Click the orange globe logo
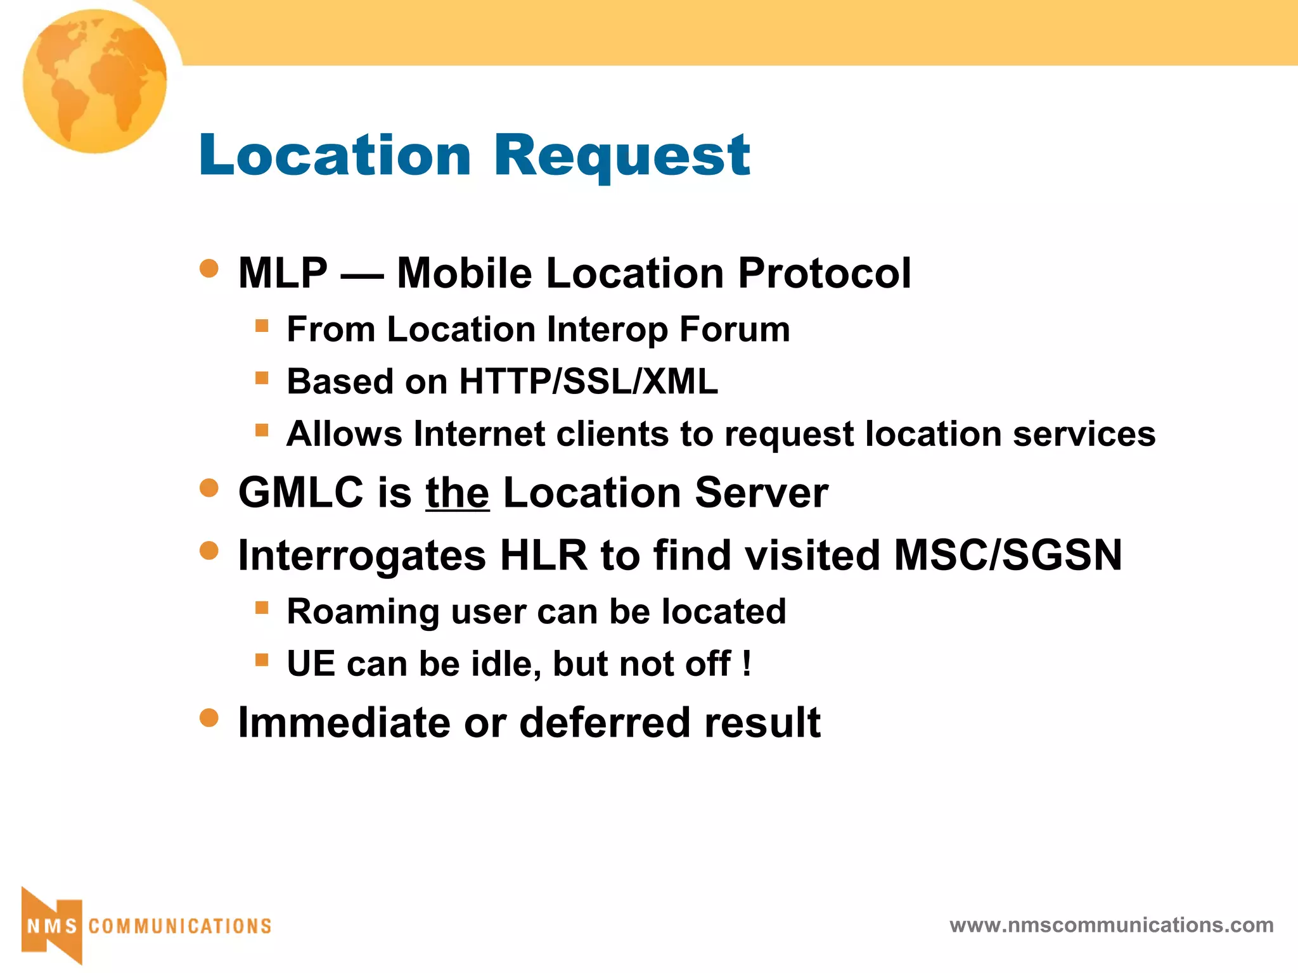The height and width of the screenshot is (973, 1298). pyautogui.click(x=95, y=81)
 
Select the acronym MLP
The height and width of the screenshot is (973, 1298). pyautogui.click(x=283, y=273)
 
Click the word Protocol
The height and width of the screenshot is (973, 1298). pyautogui.click(x=824, y=273)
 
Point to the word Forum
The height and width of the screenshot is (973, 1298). pyautogui.click(x=735, y=329)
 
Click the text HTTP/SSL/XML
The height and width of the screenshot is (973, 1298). pyautogui.click(x=588, y=381)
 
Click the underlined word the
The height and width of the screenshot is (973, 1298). pyautogui.click(x=457, y=493)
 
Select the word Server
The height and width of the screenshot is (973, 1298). pyautogui.click(x=761, y=492)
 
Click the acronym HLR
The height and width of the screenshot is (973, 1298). pyautogui.click(x=543, y=556)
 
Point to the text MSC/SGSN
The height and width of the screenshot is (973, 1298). pyautogui.click(x=1008, y=556)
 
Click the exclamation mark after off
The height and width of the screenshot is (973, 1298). pyautogui.click(x=747, y=664)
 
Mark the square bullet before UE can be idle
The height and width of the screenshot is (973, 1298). pyautogui.click(x=262, y=660)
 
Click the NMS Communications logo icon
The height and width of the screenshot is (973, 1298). pyautogui.click(x=52, y=925)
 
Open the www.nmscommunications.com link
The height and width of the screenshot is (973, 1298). pyautogui.click(x=1111, y=925)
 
